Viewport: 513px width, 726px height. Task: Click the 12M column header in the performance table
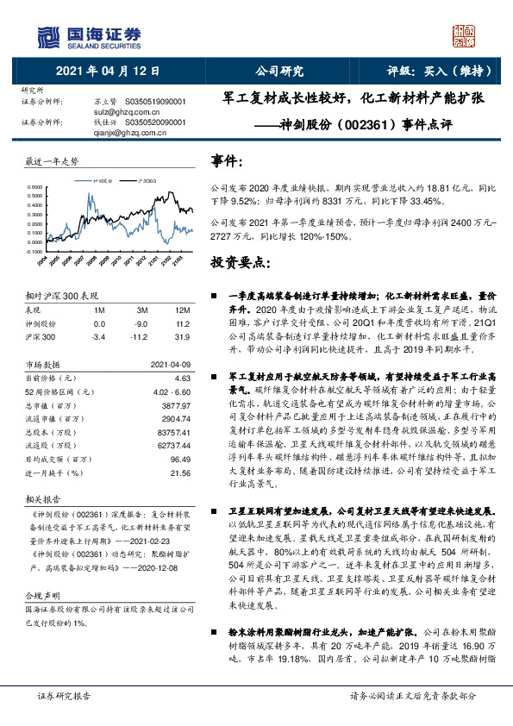click(x=181, y=310)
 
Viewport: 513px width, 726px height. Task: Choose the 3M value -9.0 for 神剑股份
click(x=143, y=322)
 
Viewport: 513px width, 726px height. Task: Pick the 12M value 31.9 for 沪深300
click(x=182, y=335)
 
